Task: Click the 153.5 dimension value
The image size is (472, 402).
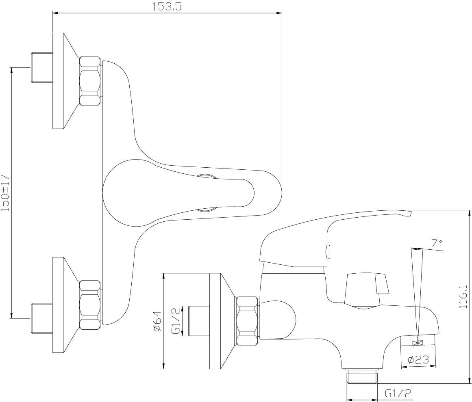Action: click(x=167, y=6)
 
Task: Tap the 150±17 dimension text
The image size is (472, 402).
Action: click(x=5, y=193)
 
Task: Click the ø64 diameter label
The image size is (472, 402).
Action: click(x=158, y=321)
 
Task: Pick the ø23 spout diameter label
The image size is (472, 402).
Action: click(x=418, y=360)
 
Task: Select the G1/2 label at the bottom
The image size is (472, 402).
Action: click(x=398, y=393)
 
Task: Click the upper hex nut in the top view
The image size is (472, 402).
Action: click(x=90, y=81)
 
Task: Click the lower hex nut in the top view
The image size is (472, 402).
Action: click(x=90, y=305)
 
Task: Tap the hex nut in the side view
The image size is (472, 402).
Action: click(x=248, y=321)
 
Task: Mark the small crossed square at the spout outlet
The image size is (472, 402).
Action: click(x=417, y=343)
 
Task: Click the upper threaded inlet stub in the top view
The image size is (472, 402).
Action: click(x=42, y=68)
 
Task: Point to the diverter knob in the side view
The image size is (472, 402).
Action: click(x=367, y=289)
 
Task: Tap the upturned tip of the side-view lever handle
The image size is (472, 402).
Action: click(x=408, y=213)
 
